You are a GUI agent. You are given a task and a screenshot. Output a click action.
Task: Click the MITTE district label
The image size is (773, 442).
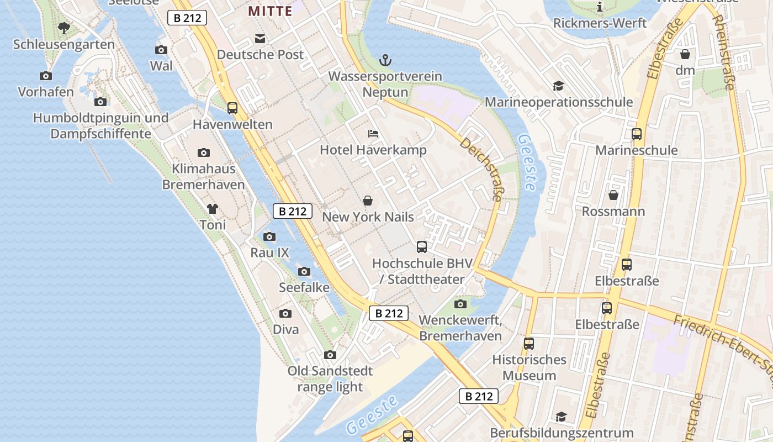point(270,10)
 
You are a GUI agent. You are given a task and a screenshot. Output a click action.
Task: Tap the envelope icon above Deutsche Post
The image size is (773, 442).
point(260,39)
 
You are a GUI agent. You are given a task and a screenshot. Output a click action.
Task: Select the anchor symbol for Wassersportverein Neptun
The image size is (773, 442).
point(385,60)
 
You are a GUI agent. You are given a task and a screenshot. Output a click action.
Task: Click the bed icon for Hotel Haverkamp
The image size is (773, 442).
point(373,134)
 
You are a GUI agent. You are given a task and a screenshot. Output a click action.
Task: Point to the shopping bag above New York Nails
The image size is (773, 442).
point(368,201)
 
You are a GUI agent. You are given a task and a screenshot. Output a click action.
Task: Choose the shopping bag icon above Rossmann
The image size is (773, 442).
point(613,195)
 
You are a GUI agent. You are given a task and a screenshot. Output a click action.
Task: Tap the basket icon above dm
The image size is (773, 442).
point(685,54)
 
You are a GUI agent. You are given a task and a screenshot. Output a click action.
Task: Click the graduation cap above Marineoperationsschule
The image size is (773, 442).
point(558,86)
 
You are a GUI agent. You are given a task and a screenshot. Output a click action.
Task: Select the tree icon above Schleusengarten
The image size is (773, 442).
point(64,28)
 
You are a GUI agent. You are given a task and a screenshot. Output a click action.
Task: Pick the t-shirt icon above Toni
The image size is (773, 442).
point(213,209)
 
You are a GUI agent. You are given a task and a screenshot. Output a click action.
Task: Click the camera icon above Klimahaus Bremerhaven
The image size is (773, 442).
point(203,152)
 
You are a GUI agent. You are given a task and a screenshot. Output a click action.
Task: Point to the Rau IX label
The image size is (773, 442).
point(269,253)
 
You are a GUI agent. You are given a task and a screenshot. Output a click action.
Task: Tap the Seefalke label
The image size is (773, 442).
point(304,287)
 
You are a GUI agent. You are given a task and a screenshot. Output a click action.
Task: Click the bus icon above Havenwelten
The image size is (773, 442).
point(232,108)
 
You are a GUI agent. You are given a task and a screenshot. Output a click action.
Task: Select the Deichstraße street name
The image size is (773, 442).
point(482,169)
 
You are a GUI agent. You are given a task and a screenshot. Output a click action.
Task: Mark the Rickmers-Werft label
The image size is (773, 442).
point(600,23)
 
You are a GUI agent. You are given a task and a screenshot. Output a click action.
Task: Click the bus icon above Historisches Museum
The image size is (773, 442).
point(529,343)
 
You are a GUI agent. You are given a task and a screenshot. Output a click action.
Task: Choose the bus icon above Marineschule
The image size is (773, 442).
point(637,134)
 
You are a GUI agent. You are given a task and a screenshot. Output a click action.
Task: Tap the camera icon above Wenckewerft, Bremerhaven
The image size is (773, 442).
point(460,304)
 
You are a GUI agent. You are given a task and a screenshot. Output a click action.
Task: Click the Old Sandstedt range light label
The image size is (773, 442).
point(330,378)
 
